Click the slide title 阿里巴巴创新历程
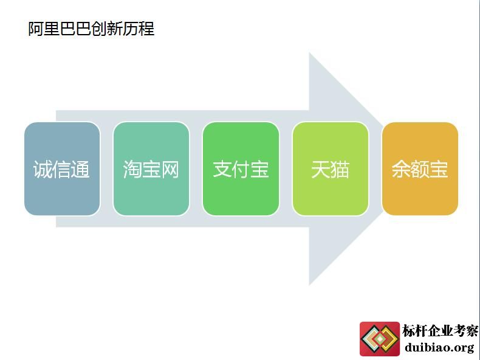pyautogui.click(x=91, y=29)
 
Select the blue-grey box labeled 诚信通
pyautogui.click(x=62, y=169)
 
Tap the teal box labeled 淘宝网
pyautogui.click(x=151, y=169)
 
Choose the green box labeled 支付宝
pyautogui.click(x=241, y=169)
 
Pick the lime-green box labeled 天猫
pyautogui.click(x=331, y=169)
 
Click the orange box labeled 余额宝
pyautogui.click(x=420, y=169)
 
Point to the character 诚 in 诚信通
pyautogui.click(x=43, y=170)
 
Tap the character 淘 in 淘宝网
pyautogui.click(x=132, y=170)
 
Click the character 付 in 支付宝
pyautogui.click(x=241, y=170)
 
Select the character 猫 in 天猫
pyautogui.click(x=340, y=170)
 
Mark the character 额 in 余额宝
pyautogui.click(x=420, y=170)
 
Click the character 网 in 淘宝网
pyautogui.click(x=170, y=170)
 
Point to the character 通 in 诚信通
pyautogui.click(x=80, y=170)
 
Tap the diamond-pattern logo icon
pyautogui.click(x=380, y=339)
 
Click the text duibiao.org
pyautogui.click(x=439, y=347)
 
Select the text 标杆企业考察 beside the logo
pyautogui.click(x=441, y=331)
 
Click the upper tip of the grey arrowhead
pyautogui.click(x=309, y=53)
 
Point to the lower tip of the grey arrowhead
pyautogui.click(x=309, y=285)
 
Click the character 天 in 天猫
pyautogui.click(x=321, y=170)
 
